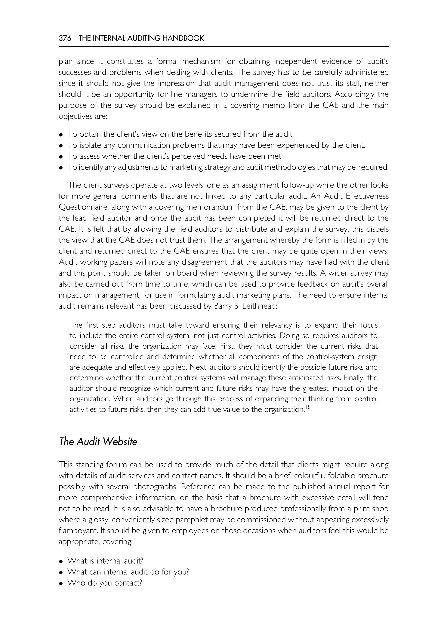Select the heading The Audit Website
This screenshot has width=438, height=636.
(x=98, y=442)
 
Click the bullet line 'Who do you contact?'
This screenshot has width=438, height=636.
(x=104, y=583)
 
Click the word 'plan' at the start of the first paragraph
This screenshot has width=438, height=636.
(x=66, y=61)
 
